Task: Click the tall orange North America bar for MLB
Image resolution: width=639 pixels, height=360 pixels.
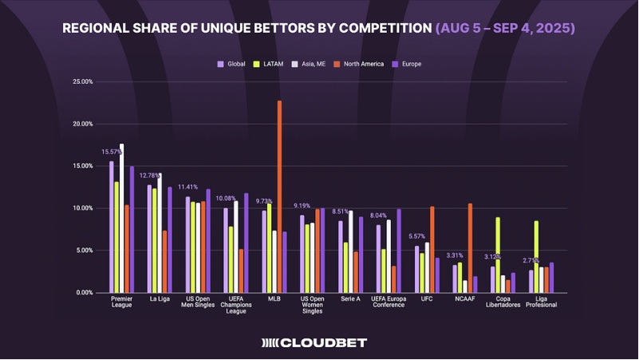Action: (279, 196)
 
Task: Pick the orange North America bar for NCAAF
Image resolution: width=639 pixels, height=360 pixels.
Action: (471, 247)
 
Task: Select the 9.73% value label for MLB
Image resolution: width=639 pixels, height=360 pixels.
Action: (265, 201)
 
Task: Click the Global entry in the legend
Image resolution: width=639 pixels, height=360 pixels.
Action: (233, 63)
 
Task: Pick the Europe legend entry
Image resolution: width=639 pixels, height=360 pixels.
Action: (407, 63)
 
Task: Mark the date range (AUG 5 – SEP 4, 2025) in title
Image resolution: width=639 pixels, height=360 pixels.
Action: (505, 28)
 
